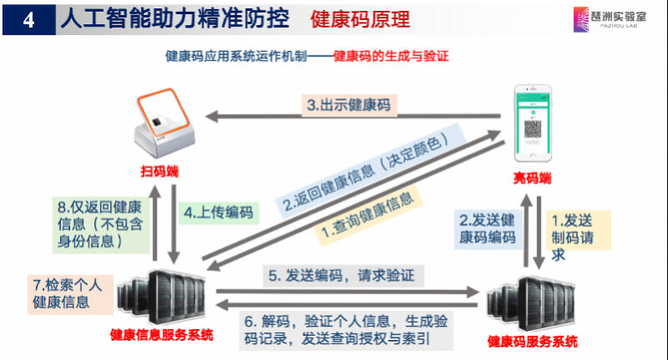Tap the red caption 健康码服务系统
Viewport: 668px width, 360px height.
[x=532, y=342]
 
